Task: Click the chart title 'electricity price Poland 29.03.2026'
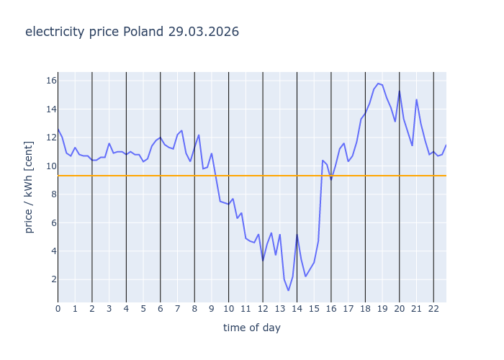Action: pos(132,32)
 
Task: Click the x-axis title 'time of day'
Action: pos(251,328)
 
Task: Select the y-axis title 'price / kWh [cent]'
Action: pos(30,187)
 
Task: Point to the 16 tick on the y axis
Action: pos(51,81)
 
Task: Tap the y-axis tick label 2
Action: pos(51,279)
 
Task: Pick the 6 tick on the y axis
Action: pos(51,222)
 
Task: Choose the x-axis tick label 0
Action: pos(58,309)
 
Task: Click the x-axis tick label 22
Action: pos(433,309)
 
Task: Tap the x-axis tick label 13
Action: pos(279,309)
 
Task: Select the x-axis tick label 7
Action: pos(177,309)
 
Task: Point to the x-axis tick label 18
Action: pos(365,309)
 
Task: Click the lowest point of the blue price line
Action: pos(288,290)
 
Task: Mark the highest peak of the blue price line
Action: pos(378,83)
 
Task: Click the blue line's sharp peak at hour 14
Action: pos(297,234)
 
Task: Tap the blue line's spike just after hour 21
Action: pos(416,99)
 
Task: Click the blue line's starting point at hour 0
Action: pos(58,130)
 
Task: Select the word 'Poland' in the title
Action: pos(143,32)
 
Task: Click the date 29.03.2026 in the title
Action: pos(204,32)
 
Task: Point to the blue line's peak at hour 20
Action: pos(400,91)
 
